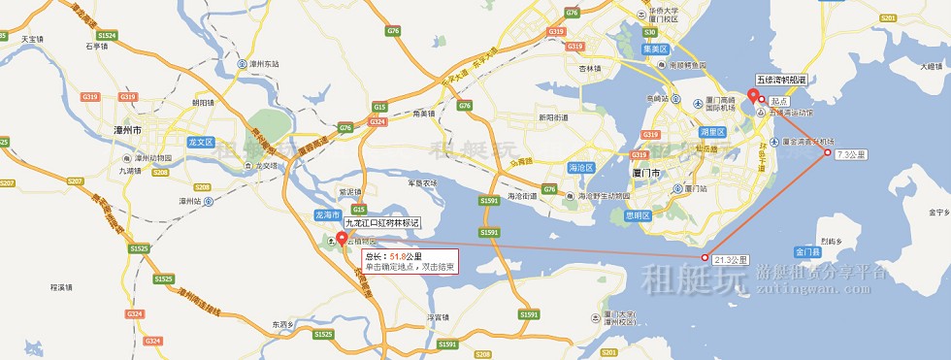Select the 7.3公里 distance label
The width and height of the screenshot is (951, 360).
coord(850,154)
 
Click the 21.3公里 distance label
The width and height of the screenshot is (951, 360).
coord(731,260)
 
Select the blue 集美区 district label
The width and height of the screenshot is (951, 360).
coord(657,49)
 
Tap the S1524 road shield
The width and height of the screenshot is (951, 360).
coord(107,35)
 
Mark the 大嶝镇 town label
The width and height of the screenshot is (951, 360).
coord(932,66)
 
